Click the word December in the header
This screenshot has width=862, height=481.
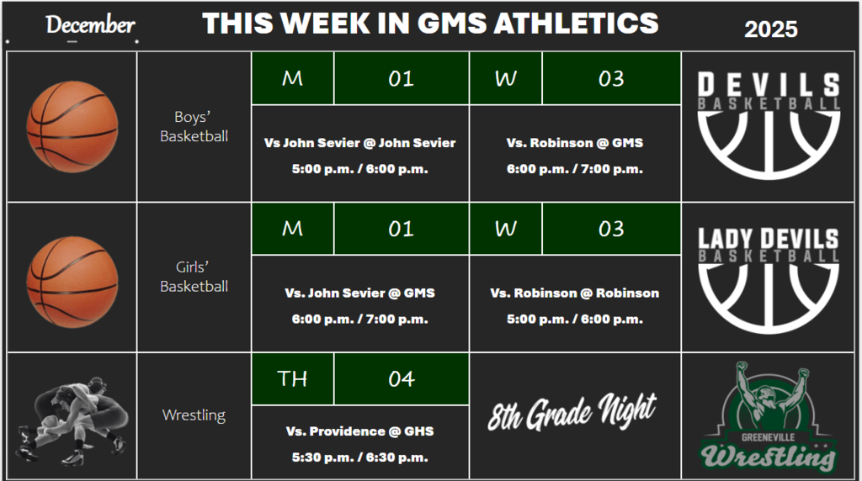coord(90,25)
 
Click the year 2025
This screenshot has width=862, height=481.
coord(770,30)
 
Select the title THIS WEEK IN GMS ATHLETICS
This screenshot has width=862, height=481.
coord(430,24)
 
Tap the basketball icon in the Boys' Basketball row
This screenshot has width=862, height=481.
coord(72,127)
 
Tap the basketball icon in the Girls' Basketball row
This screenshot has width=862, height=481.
coord(72,277)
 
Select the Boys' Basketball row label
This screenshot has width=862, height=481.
coord(194,126)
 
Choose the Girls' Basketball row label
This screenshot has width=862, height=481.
coord(194,277)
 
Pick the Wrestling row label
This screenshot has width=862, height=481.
coord(194,415)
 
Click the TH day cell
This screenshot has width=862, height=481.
coord(292,379)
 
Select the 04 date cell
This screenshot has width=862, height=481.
coord(401,379)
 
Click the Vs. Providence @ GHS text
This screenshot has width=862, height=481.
coord(359,431)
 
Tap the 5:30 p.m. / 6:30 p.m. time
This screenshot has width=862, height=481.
coord(359,457)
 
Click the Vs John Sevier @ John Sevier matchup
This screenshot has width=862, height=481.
coord(359,143)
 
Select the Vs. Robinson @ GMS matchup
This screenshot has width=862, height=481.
coord(574,143)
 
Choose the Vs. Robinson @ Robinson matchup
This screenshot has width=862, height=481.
coord(574,293)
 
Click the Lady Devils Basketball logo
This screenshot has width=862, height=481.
coord(769,277)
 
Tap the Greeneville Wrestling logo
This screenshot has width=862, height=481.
coord(769,416)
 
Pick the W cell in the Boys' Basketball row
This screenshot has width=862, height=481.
coord(505,78)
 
